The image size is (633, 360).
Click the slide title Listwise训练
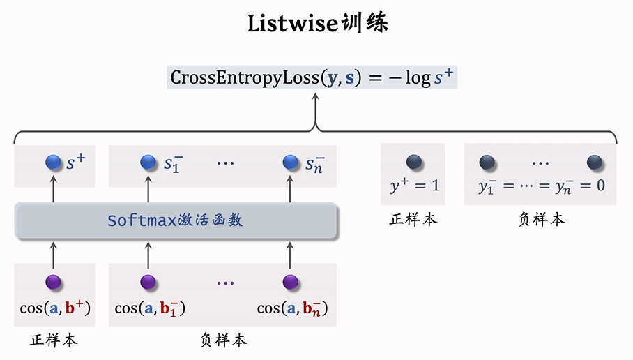click(x=317, y=24)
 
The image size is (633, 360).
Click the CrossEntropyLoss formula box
click(x=313, y=77)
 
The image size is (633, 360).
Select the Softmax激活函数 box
click(x=176, y=220)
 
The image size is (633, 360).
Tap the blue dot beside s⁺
click(x=54, y=163)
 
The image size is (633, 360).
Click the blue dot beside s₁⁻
click(x=148, y=163)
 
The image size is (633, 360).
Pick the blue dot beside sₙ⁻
click(x=291, y=163)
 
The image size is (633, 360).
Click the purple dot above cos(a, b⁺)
click(x=54, y=283)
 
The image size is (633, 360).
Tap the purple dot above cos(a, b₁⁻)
click(x=148, y=283)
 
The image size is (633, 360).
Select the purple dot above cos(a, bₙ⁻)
click(x=291, y=283)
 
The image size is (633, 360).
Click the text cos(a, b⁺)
click(x=55, y=308)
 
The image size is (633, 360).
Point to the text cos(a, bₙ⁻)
click(x=293, y=308)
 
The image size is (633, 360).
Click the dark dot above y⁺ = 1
click(x=414, y=163)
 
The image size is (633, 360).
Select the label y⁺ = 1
click(x=414, y=186)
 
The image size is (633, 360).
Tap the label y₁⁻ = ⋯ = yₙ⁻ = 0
click(x=541, y=187)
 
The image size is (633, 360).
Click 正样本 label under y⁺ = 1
click(x=413, y=220)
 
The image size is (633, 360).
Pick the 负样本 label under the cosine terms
click(x=223, y=340)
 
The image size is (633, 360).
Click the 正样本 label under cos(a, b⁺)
click(x=54, y=340)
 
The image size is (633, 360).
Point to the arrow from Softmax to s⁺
click(x=54, y=189)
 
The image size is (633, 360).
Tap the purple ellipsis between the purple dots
click(x=225, y=283)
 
